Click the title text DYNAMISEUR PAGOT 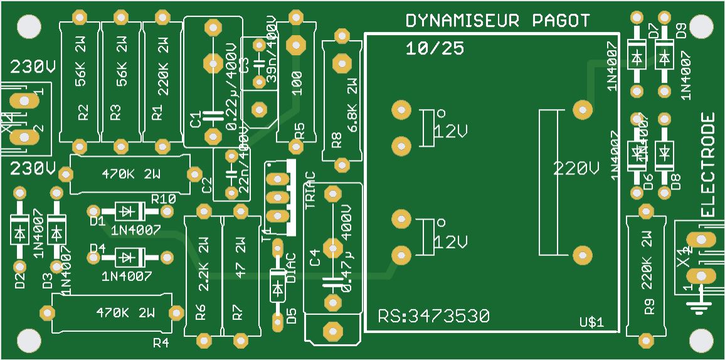click(498, 21)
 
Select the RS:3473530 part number click(433, 316)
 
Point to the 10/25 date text click(435, 48)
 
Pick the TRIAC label click(311, 189)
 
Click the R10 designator click(163, 199)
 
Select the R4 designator click(161, 342)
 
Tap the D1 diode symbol click(129, 211)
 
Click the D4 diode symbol click(129, 257)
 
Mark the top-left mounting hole click(27, 26)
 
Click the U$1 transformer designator click(591, 323)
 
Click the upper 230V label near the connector click(33, 67)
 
